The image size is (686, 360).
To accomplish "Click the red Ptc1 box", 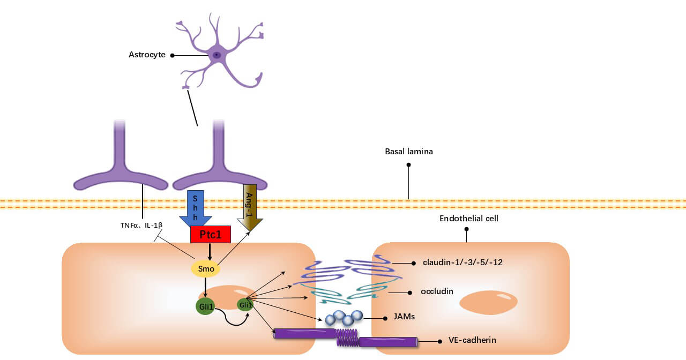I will click(210, 234).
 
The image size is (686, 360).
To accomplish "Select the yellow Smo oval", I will click(206, 268).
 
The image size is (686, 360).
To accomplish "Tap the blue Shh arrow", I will click(196, 208).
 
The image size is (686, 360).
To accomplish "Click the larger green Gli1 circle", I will click(205, 306).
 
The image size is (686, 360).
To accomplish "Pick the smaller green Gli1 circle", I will click(245, 304).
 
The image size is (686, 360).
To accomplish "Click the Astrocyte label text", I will click(147, 55).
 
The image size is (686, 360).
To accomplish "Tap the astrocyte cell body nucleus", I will click(217, 55).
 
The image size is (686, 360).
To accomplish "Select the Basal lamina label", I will click(408, 152).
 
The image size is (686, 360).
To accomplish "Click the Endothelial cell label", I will click(469, 219).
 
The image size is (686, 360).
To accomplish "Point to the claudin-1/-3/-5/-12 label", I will click(462, 262).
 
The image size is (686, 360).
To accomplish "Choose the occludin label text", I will click(437, 291).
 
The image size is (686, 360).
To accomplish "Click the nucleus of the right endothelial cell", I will click(488, 302).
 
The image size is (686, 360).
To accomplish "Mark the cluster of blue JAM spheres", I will click(344, 317).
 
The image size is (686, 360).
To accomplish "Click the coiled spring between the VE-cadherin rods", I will click(347, 337).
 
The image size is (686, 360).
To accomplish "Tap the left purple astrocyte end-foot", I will click(121, 179).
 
